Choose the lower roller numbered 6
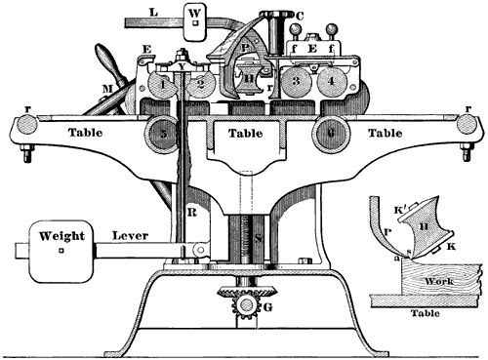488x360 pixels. tap(329, 132)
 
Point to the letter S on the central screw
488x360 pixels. tap(258, 237)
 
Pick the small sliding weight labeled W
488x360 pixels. tap(196, 20)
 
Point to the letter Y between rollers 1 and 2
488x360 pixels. tap(182, 68)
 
